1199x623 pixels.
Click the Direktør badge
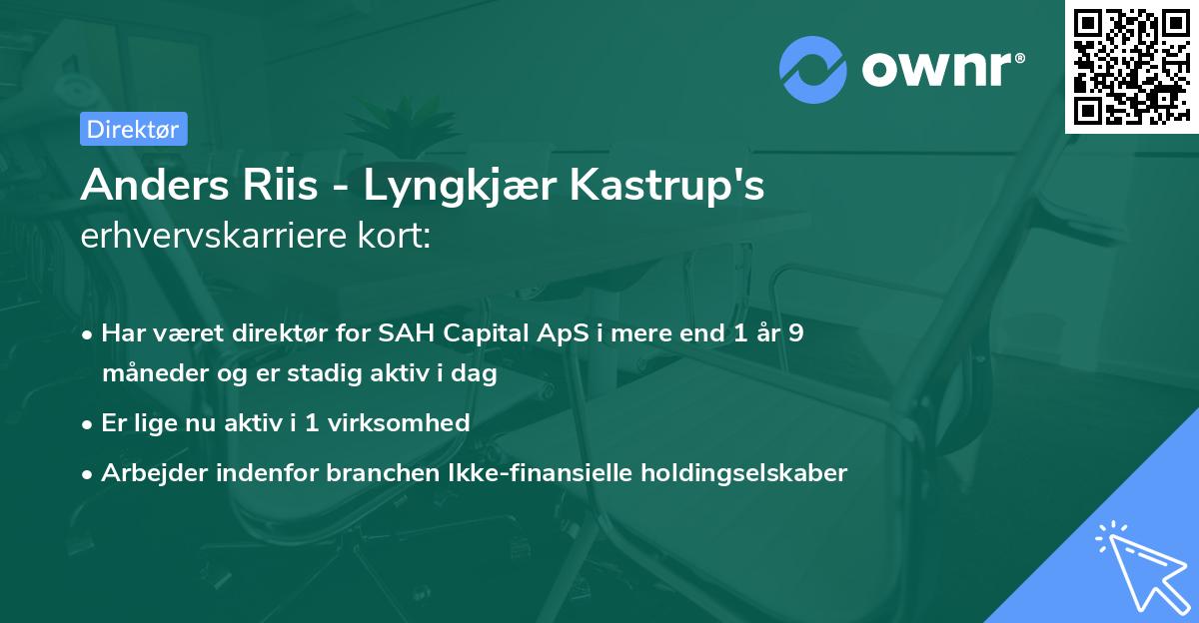pos(133,129)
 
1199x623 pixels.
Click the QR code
pos(1131,66)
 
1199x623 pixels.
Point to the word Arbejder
pos(150,472)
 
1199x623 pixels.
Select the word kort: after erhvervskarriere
pos(395,238)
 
